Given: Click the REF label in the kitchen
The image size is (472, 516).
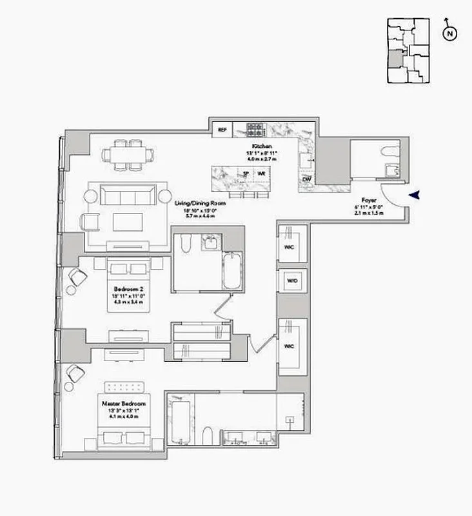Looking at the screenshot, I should [222, 130].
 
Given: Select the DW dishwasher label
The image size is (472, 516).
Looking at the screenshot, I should [307, 179].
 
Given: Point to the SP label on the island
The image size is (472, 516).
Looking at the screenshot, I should [246, 174].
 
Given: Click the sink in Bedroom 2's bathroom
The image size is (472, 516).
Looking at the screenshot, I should [211, 243].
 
